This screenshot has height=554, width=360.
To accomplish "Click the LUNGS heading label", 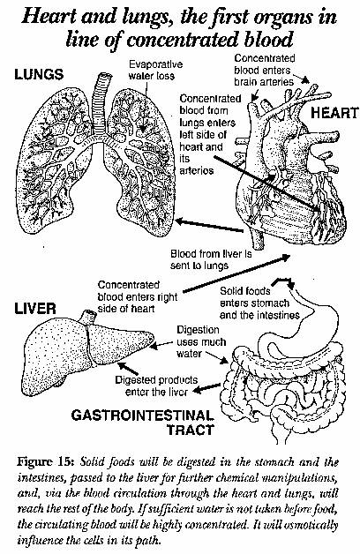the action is coord(39,74).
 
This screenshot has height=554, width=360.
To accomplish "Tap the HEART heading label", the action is coord(334,113).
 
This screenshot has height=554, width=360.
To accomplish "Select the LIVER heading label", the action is coord(35,309).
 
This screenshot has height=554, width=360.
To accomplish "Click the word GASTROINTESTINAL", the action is coord(142,415).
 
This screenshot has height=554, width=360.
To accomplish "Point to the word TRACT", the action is coord(190,430).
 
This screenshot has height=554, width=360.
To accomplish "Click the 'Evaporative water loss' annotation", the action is coord(155,70).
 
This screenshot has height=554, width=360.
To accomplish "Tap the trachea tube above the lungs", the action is coord(100,99).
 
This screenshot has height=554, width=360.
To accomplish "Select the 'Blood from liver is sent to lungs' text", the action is coord(211,259).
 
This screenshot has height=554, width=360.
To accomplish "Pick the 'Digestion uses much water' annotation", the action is coord(201,341).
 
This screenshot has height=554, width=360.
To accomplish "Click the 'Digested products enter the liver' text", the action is coord(156,386).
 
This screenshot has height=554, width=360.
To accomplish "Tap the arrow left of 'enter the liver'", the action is coord(206,388).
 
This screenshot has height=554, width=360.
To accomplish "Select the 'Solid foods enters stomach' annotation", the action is coord(259,303).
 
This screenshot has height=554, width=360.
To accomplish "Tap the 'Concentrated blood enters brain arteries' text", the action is coord(264,70).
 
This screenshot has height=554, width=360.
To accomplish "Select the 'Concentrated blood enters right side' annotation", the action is coord(138,296).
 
